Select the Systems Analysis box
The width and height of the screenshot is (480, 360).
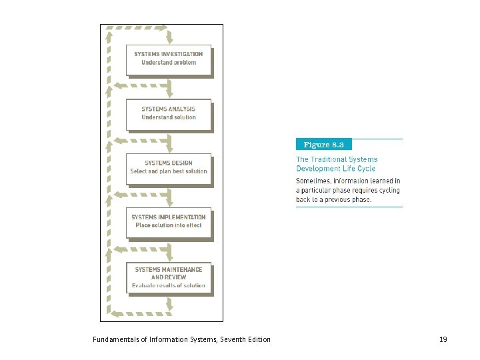[x=169, y=114]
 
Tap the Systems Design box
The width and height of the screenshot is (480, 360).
[x=169, y=168]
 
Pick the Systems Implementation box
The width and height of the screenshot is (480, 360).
[x=169, y=222]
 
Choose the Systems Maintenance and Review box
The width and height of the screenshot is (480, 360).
[x=169, y=277]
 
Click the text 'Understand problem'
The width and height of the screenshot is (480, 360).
[x=169, y=63]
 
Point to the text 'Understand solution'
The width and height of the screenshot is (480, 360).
[x=169, y=117]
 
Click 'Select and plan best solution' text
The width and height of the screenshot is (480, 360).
[x=169, y=171]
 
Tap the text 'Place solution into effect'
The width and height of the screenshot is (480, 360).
[x=169, y=225]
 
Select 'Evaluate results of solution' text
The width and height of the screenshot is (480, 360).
[x=169, y=285]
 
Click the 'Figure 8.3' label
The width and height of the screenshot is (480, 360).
[x=323, y=145]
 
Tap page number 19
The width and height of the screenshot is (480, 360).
[x=443, y=340]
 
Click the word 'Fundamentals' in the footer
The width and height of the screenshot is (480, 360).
[x=114, y=340]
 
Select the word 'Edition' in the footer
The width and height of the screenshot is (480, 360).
[x=258, y=340]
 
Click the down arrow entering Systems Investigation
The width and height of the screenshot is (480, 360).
[x=171, y=37]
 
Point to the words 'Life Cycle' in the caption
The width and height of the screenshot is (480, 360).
[x=359, y=169]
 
